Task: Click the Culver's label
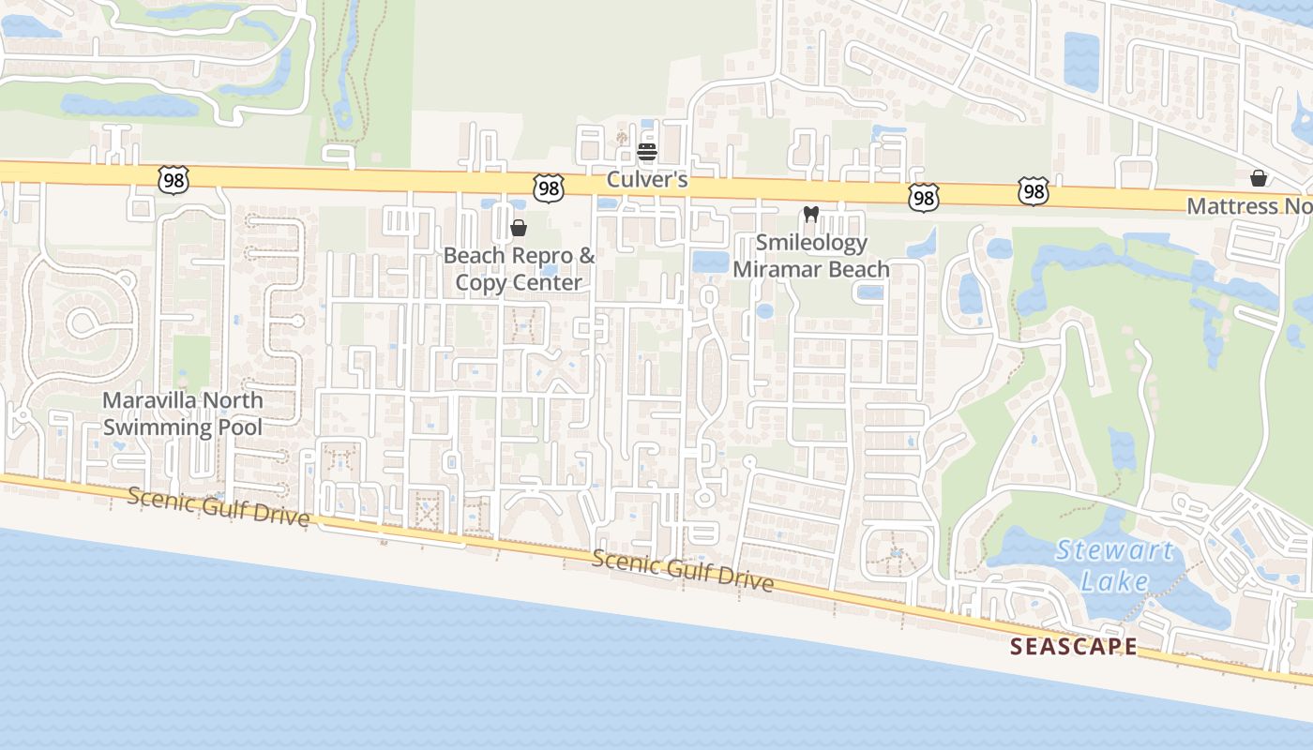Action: (x=646, y=179)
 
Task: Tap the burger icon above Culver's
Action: (x=646, y=151)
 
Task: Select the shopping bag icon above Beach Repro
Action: (x=518, y=228)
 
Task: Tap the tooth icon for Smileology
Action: (x=811, y=215)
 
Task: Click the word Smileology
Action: (x=811, y=243)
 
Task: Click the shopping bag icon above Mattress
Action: (x=1258, y=178)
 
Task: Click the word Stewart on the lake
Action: (x=1114, y=550)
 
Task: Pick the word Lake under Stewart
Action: (x=1114, y=581)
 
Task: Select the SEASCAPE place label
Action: (x=1074, y=646)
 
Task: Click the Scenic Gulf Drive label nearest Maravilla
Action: (x=218, y=506)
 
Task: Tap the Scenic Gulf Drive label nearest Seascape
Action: (x=683, y=570)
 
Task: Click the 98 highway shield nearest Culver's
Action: (x=548, y=188)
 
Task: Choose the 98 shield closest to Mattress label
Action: (x=1033, y=192)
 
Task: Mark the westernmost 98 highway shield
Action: (x=174, y=180)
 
